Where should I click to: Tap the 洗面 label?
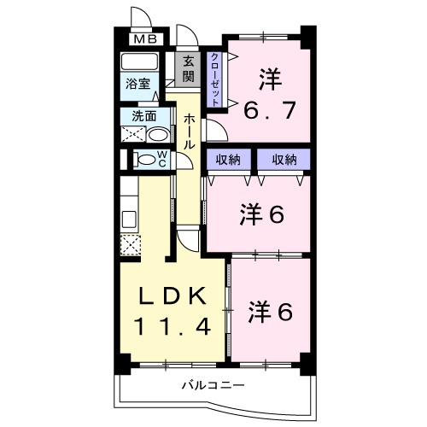point(143,116)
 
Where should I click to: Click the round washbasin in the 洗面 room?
point(157,135)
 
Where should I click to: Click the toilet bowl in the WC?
point(146,158)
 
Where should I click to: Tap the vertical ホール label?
point(188,133)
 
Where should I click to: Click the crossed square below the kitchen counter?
point(130,245)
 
